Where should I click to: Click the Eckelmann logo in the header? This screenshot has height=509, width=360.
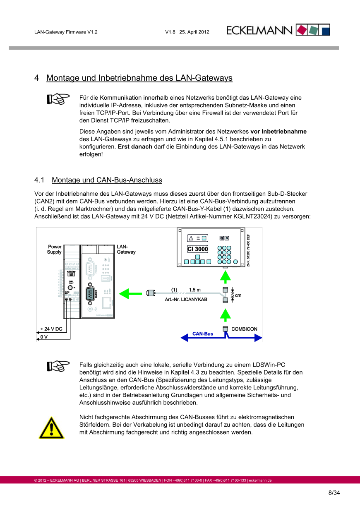[x=278, y=30]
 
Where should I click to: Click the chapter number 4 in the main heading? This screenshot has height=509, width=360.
[x=37, y=78]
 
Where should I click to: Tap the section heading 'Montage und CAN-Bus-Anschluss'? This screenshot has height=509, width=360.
[x=107, y=180]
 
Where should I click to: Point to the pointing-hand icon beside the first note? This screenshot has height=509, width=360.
[x=58, y=99]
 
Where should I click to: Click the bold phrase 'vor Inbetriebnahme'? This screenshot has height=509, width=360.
[x=278, y=132]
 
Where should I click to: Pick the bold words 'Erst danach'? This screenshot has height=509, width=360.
[x=135, y=146]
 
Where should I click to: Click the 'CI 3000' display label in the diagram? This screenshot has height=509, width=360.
[x=197, y=249]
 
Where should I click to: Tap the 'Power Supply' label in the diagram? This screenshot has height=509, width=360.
[x=54, y=249]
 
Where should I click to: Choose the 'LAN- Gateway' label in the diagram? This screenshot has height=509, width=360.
[x=126, y=249]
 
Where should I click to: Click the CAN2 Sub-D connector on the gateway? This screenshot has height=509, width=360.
[x=90, y=294]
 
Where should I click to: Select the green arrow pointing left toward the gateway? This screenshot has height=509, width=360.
[x=130, y=294]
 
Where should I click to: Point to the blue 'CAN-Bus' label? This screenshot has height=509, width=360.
[x=203, y=334]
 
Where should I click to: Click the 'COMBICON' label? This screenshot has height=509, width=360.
[x=244, y=329]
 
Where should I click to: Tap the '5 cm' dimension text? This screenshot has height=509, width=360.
[x=236, y=295]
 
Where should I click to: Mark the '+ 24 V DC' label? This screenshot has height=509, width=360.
[x=51, y=329]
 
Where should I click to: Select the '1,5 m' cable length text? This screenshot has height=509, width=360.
[x=194, y=290]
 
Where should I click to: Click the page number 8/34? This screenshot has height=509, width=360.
[x=334, y=493]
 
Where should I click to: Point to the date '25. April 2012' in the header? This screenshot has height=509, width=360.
[x=194, y=32]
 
